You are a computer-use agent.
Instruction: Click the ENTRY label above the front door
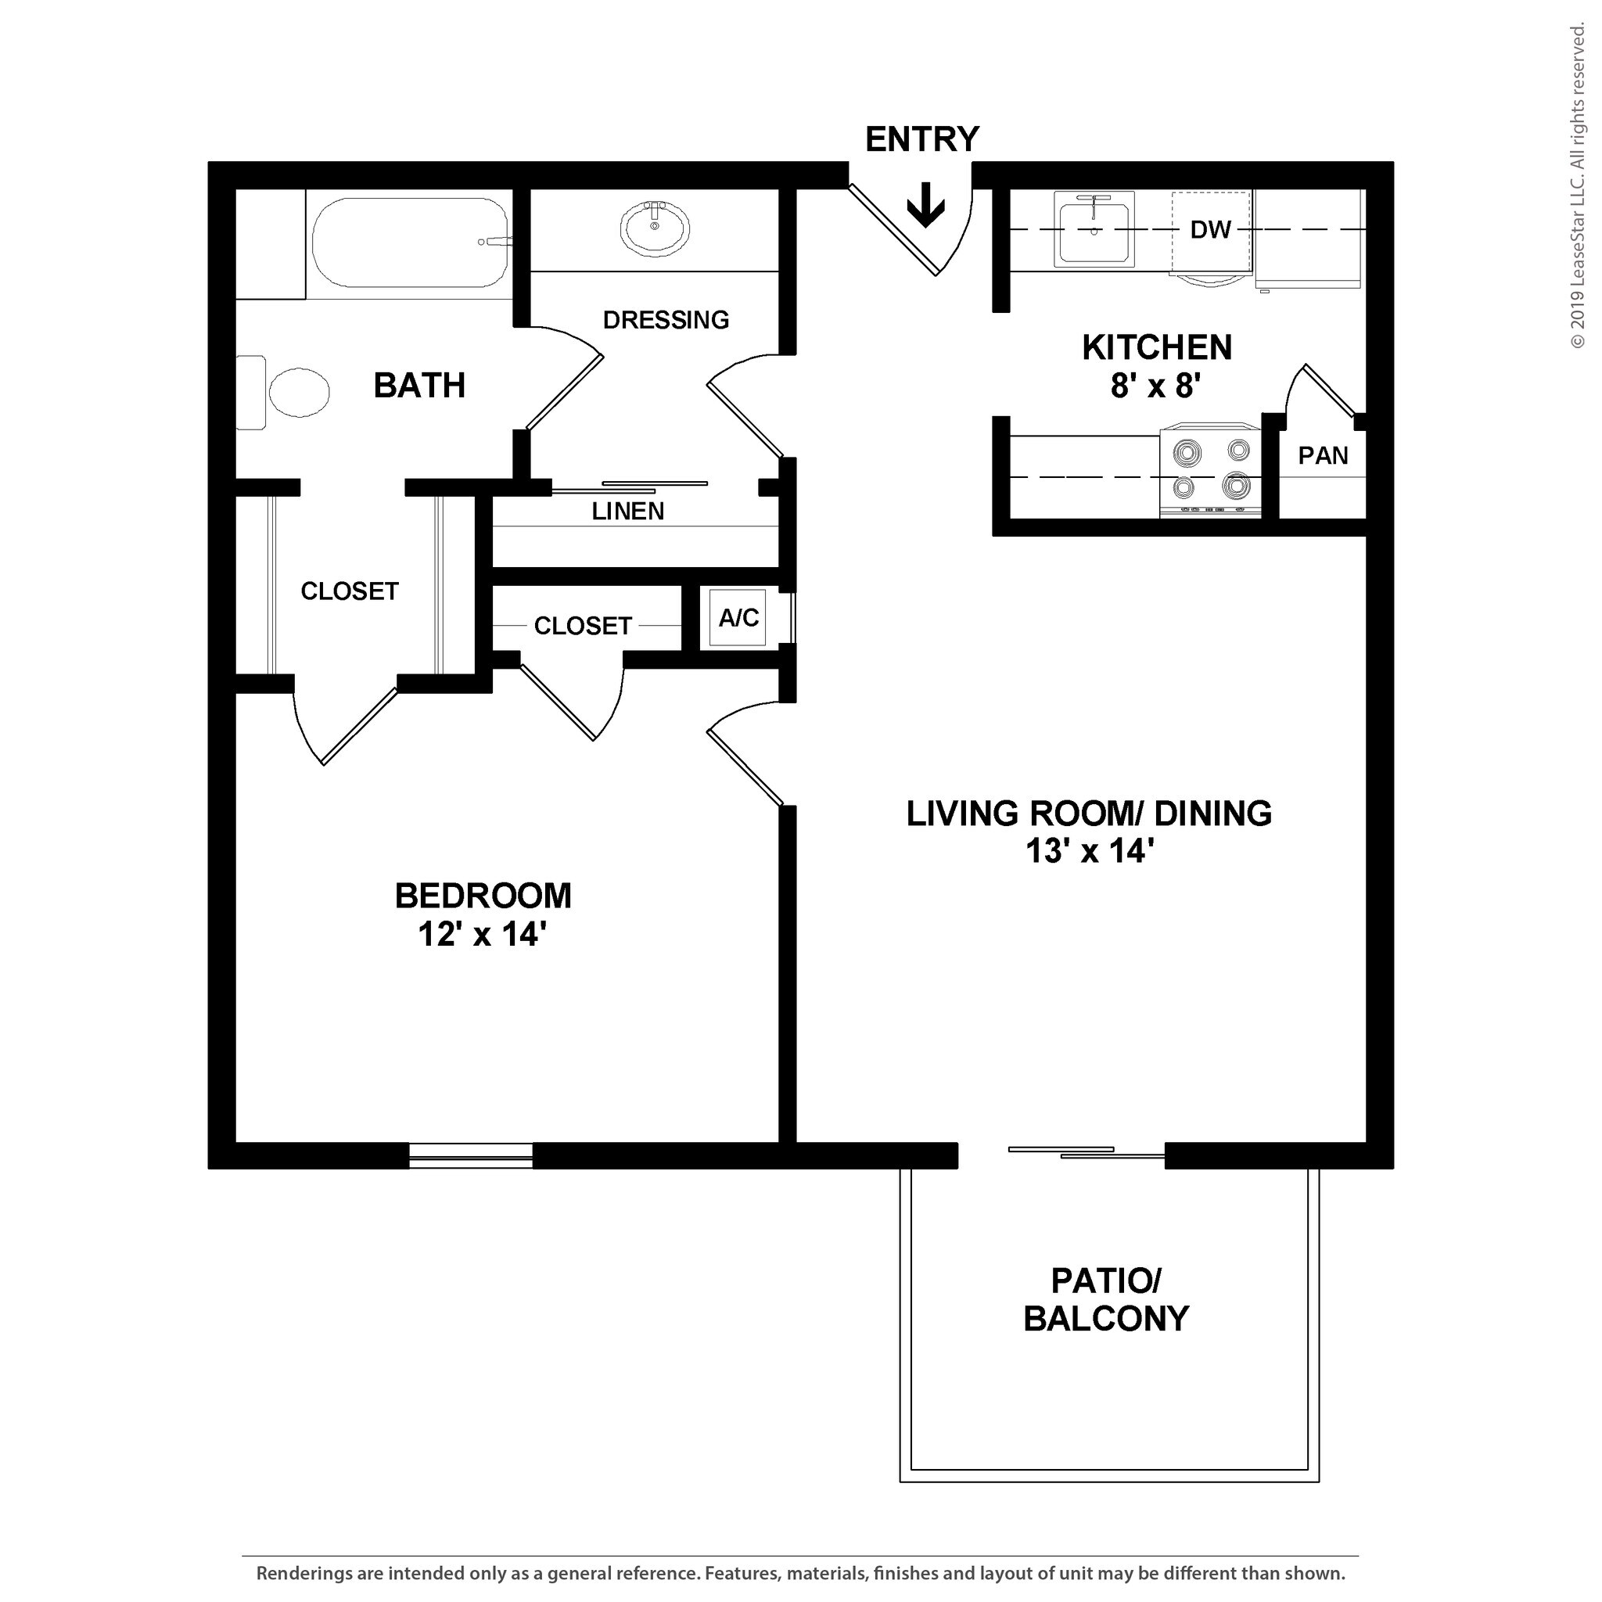921,139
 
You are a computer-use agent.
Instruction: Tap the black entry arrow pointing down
925,204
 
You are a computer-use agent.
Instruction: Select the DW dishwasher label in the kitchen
1210,230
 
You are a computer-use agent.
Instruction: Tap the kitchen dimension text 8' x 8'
1156,386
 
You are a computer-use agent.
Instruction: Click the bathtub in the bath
410,243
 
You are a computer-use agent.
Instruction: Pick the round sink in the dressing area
654,229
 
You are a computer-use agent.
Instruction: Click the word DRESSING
665,320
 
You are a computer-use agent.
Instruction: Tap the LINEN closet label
627,512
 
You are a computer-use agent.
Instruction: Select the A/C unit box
738,618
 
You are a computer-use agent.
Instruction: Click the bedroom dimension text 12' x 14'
482,935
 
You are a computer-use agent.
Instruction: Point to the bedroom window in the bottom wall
470,1156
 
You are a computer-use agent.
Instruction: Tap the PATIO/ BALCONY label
1105,1299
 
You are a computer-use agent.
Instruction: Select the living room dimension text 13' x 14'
1090,851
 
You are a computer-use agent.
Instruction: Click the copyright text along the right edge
1576,187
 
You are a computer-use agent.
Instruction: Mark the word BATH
418,386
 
